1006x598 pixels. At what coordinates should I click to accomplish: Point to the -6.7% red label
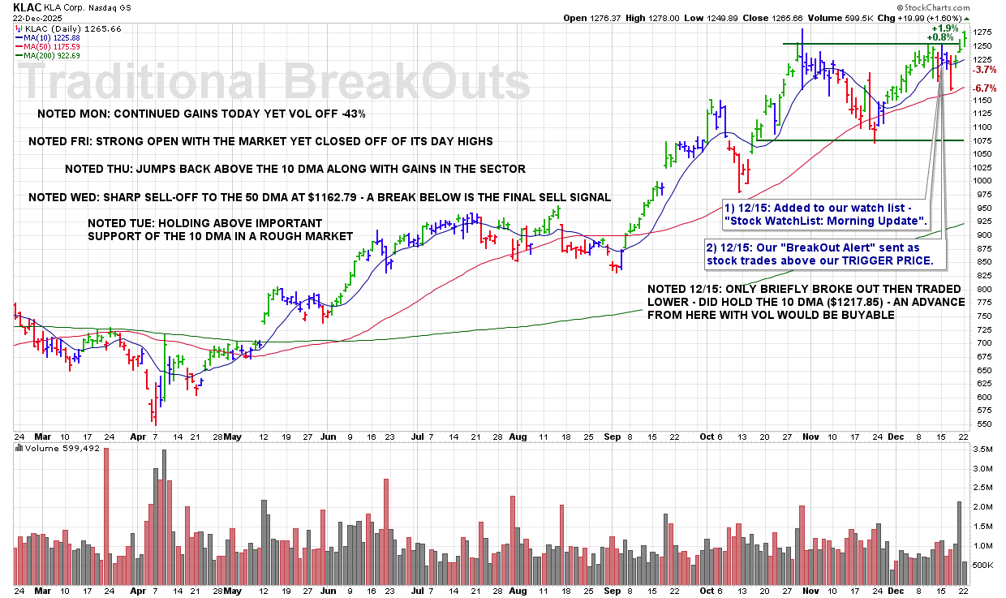pos(985,88)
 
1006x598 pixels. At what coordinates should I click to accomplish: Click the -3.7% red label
pos(985,70)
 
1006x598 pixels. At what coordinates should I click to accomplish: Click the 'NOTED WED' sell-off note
pos(319,197)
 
